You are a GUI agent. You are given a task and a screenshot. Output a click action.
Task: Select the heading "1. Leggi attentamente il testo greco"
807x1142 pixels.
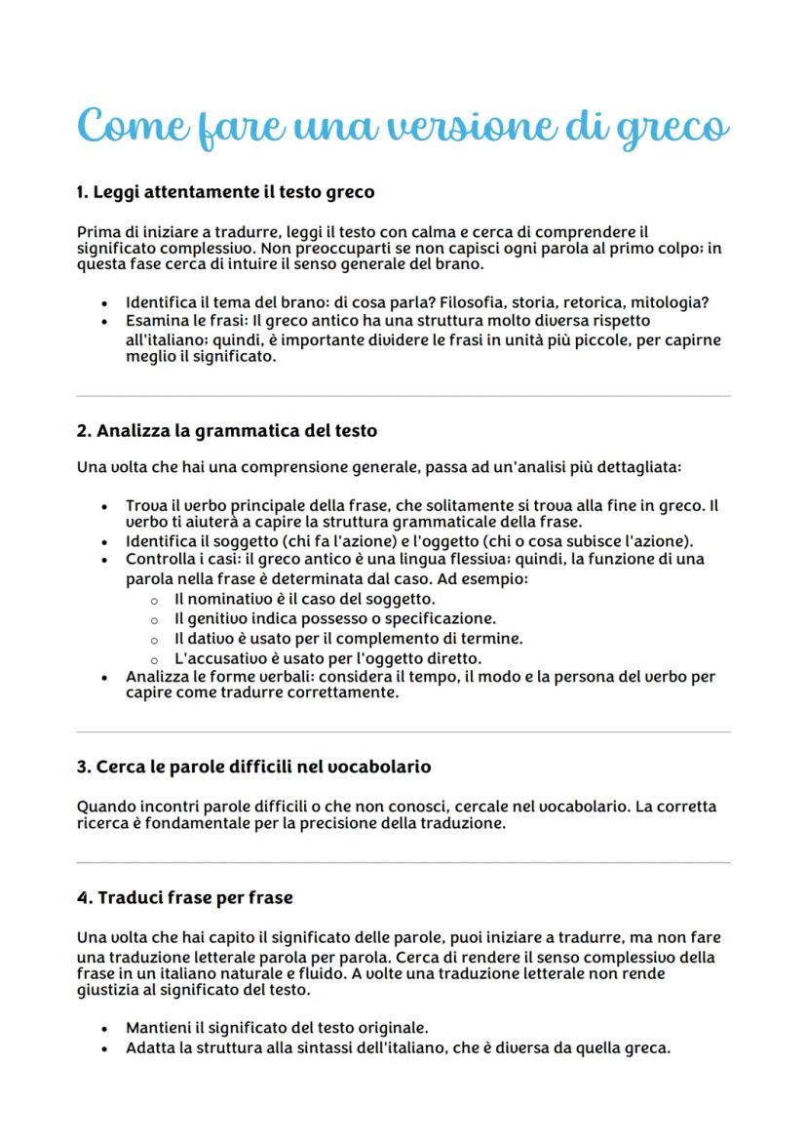[225, 192]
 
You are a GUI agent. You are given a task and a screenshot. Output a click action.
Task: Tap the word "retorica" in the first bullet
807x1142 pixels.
[600, 302]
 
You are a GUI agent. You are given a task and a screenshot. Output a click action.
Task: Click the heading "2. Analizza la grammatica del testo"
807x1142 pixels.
[226, 430]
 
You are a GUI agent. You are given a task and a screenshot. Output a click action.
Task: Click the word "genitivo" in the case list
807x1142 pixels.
[220, 618]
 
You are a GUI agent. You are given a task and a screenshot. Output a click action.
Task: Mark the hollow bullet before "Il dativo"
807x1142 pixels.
[154, 639]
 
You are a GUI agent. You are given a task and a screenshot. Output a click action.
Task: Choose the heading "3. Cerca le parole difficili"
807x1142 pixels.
[253, 767]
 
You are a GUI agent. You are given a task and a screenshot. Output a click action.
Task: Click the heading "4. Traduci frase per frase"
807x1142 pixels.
[184, 897]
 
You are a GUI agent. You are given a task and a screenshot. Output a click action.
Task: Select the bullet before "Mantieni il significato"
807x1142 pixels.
[104, 1028]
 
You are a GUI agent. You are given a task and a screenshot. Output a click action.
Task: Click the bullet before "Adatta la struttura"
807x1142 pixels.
[104, 1048]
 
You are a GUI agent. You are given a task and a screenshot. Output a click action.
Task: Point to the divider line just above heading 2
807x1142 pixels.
[403, 396]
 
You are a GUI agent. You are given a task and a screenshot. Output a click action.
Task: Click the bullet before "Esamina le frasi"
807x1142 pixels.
[104, 321]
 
